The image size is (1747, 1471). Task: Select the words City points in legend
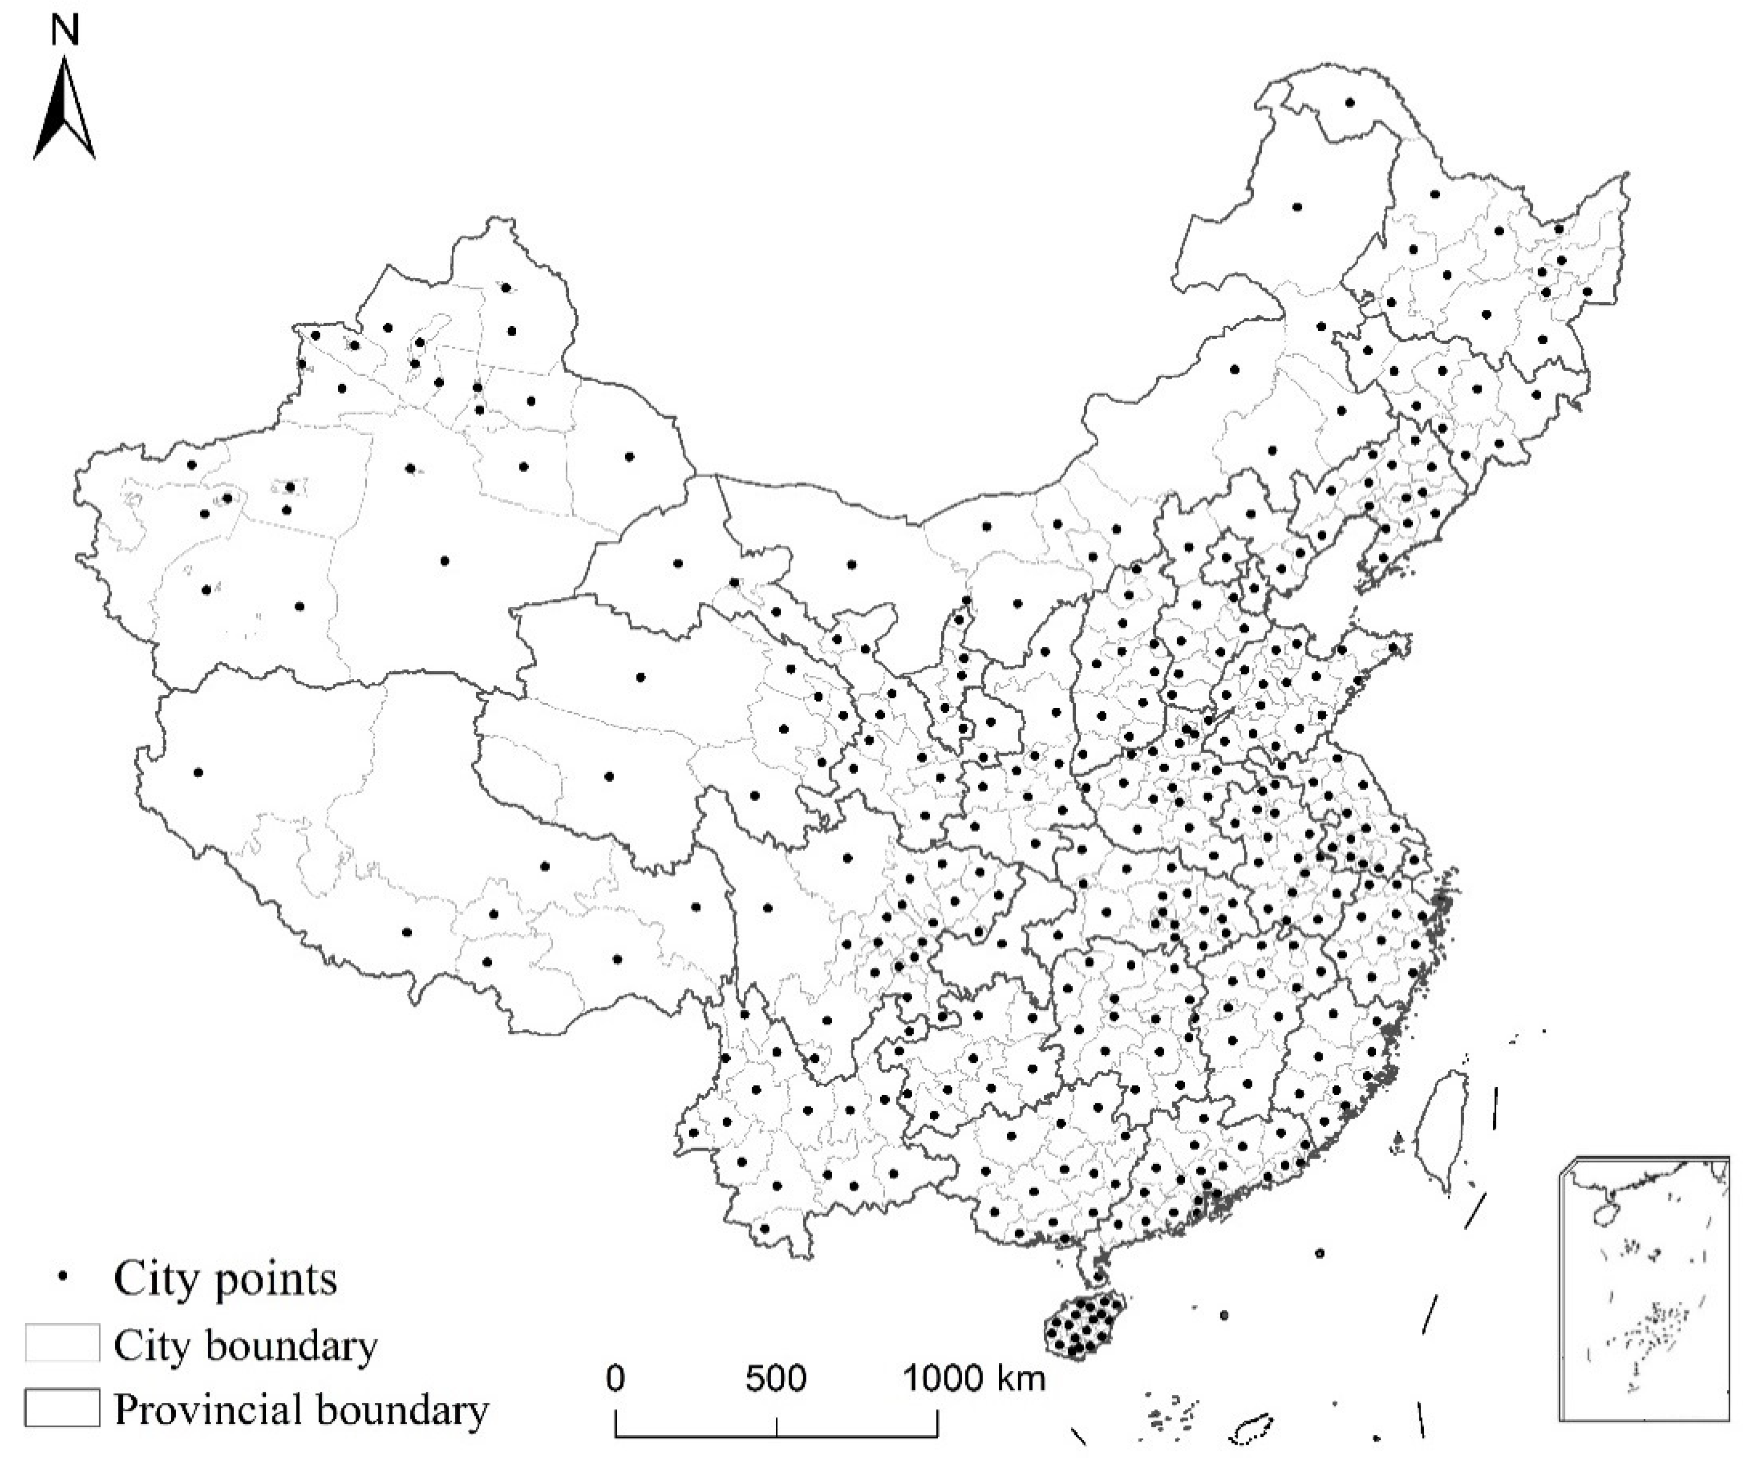[x=225, y=1278]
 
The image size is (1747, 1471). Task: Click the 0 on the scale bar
[x=615, y=1379]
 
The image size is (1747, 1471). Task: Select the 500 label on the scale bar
[x=775, y=1379]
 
